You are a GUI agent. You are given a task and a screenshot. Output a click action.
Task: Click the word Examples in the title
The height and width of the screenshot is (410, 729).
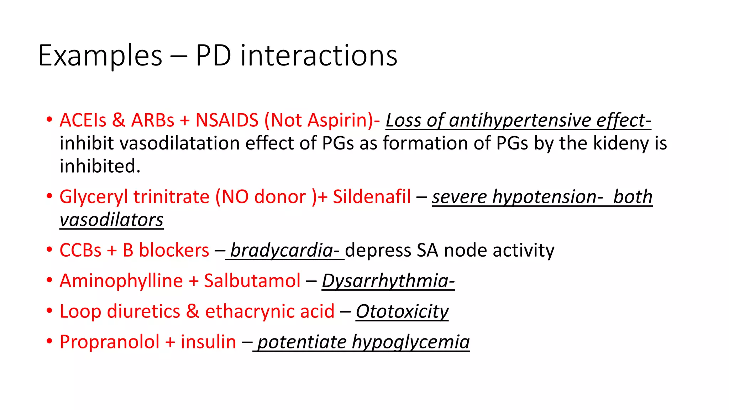tap(100, 56)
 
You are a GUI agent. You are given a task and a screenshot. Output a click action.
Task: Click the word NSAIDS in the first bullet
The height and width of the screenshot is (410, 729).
tap(227, 120)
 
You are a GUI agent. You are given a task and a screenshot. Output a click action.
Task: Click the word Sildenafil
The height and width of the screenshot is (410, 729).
tap(372, 197)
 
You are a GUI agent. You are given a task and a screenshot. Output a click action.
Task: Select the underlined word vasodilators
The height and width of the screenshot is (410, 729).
tap(111, 220)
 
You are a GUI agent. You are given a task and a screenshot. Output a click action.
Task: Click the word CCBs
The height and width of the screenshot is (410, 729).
tap(80, 250)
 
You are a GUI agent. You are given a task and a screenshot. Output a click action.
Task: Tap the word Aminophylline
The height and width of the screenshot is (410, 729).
tap(121, 281)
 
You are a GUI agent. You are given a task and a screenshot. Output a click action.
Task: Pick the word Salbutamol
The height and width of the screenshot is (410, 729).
tap(252, 281)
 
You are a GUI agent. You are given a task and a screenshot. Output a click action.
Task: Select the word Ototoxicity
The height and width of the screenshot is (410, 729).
tap(402, 311)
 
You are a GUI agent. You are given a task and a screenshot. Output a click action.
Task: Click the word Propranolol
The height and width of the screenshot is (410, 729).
tap(109, 342)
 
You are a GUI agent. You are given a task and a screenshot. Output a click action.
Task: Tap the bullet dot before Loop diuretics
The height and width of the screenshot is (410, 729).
tap(49, 311)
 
